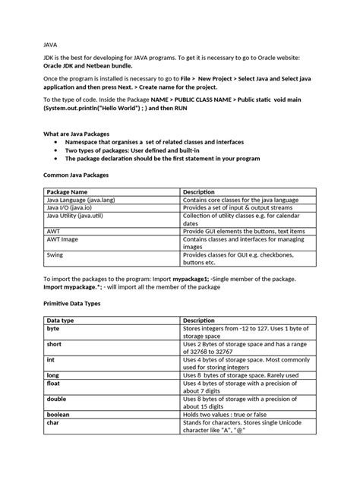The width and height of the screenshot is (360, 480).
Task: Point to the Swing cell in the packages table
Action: (x=56, y=257)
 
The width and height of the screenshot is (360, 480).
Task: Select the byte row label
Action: (x=53, y=329)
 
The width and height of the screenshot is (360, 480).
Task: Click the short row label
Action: (x=55, y=344)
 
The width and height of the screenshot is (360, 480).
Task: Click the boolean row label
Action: (x=60, y=415)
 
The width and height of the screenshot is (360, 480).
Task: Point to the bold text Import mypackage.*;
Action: (x=74, y=288)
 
